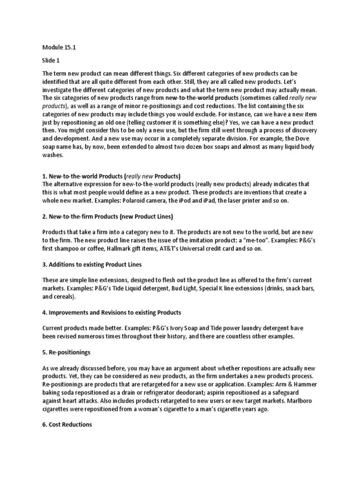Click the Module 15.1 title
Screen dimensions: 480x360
(59, 47)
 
